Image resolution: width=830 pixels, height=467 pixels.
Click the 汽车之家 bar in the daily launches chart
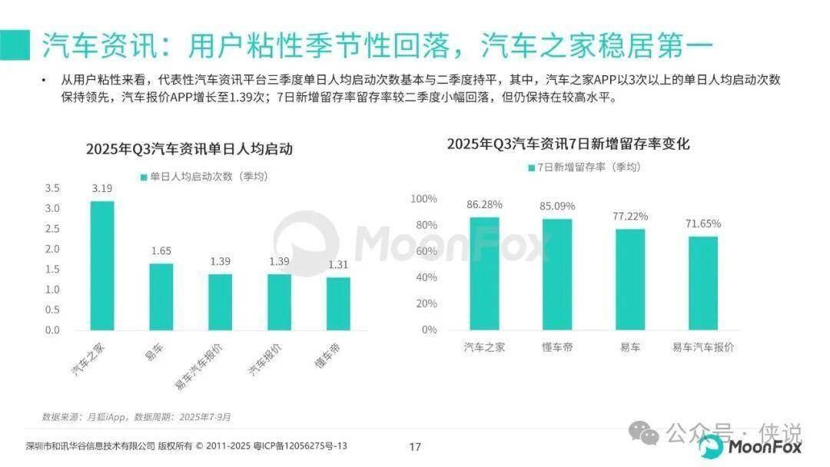[x=102, y=265]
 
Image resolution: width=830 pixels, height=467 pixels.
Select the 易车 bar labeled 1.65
[x=161, y=296]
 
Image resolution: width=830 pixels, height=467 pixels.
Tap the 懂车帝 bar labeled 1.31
[x=338, y=303]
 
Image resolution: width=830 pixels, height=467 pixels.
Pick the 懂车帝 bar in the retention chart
[x=557, y=274]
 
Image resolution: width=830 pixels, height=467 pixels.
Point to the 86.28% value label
[x=484, y=205]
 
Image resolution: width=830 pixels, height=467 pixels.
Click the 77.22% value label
[x=630, y=217]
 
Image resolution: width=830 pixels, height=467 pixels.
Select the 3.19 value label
[x=102, y=188]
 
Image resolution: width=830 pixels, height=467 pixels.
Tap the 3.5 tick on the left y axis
[x=52, y=188]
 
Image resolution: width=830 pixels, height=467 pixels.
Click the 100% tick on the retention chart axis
[x=423, y=199]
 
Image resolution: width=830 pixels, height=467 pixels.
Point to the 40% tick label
[x=427, y=277]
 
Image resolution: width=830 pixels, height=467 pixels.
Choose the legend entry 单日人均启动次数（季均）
[x=204, y=177]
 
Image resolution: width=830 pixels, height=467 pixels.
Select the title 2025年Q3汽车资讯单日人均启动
[x=189, y=150]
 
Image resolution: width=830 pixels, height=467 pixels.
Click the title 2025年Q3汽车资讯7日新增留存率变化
[x=569, y=144]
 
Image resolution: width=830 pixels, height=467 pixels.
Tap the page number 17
[x=415, y=447]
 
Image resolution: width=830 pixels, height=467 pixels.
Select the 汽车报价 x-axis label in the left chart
[x=265, y=359]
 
